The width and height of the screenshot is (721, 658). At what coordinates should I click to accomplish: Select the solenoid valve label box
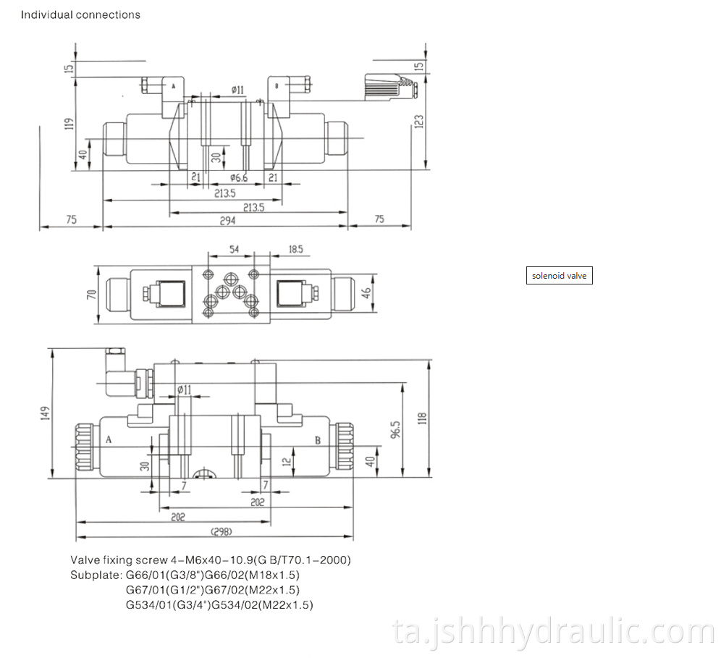[559, 276]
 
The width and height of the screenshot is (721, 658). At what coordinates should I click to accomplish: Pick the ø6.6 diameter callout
[239, 177]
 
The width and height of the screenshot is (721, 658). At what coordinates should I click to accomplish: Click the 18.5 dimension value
[295, 249]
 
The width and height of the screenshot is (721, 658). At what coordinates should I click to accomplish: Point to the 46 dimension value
[366, 293]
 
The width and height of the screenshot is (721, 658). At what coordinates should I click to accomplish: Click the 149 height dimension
[44, 413]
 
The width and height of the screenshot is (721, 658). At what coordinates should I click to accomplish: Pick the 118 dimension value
[422, 418]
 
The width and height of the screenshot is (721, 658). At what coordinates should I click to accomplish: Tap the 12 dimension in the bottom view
[287, 460]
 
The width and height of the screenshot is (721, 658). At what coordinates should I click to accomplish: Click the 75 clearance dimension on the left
[71, 220]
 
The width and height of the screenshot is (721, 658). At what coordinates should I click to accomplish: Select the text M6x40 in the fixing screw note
[201, 560]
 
